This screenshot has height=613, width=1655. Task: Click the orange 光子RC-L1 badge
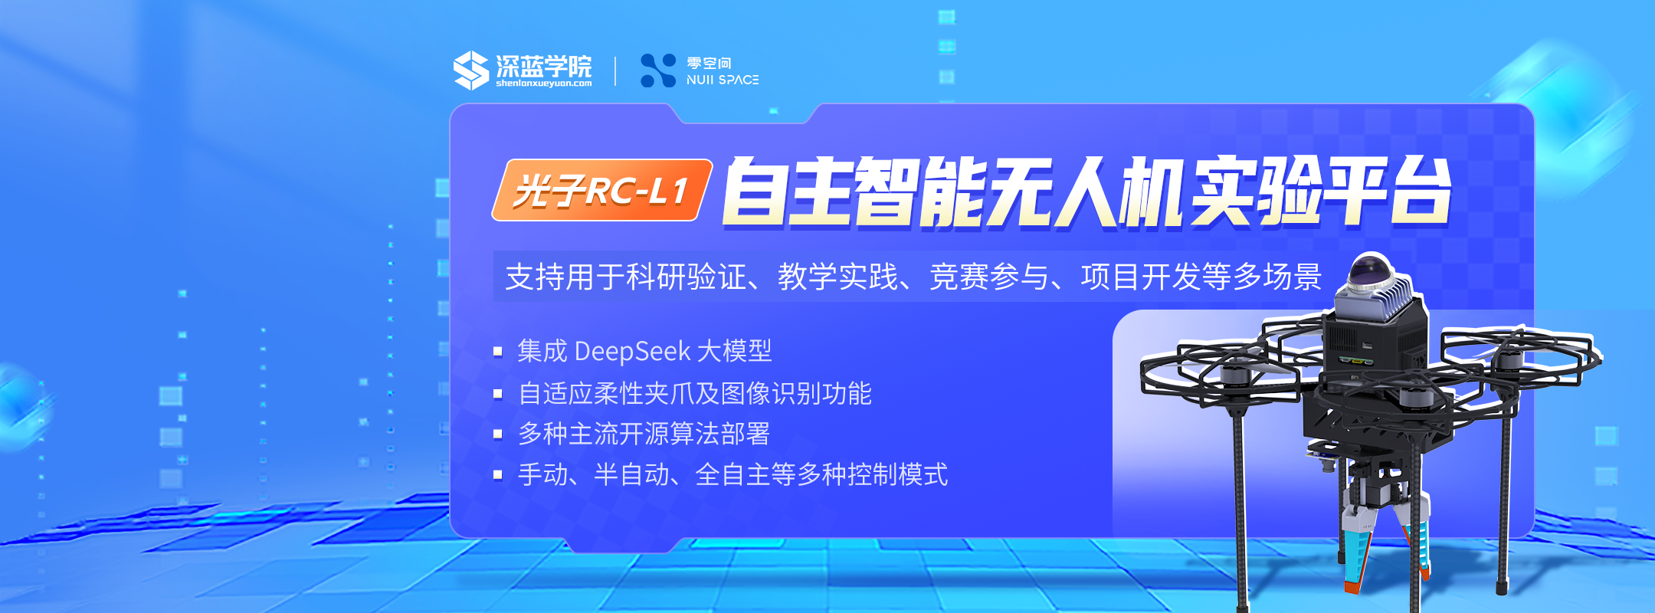602,190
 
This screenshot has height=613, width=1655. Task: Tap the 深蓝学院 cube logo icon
470,70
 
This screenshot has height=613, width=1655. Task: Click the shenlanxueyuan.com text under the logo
543,84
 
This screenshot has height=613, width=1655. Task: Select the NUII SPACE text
723,80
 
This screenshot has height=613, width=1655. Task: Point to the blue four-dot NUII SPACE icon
658,70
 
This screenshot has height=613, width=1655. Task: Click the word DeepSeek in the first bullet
632,352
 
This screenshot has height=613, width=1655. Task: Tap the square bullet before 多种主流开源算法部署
498,434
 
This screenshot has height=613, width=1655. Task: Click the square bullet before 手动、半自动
498,475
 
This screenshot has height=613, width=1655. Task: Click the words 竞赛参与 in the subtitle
989,277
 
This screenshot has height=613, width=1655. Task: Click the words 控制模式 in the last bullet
898,475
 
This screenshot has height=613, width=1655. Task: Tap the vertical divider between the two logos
615,70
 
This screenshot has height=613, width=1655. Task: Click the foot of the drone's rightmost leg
1503,588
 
